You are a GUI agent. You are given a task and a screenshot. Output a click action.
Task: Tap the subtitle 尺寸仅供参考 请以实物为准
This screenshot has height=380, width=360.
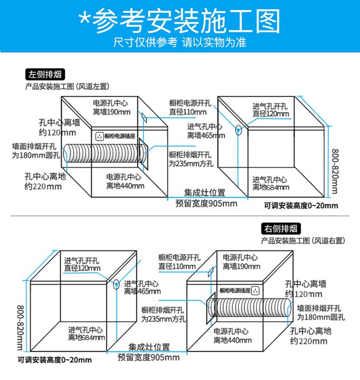click(180, 42)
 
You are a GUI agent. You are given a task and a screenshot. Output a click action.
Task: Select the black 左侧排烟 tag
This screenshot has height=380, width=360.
click(45, 74)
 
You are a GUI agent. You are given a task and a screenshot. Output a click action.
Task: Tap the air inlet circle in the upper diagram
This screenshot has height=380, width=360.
click(238, 130)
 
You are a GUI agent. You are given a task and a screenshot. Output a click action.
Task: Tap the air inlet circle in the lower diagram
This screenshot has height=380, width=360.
click(116, 284)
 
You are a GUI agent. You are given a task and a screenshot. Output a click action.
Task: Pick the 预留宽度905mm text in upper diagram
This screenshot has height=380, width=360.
click(206, 203)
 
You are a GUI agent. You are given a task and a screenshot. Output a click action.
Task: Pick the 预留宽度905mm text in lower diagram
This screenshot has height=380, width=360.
click(149, 358)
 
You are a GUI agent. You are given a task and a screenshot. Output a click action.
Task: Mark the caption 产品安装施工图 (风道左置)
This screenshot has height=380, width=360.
click(67, 86)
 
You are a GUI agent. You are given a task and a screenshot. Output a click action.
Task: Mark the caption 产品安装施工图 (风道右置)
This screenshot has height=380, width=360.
click(303, 240)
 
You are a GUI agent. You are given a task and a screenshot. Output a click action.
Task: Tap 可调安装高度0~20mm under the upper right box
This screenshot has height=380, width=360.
click(301, 206)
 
